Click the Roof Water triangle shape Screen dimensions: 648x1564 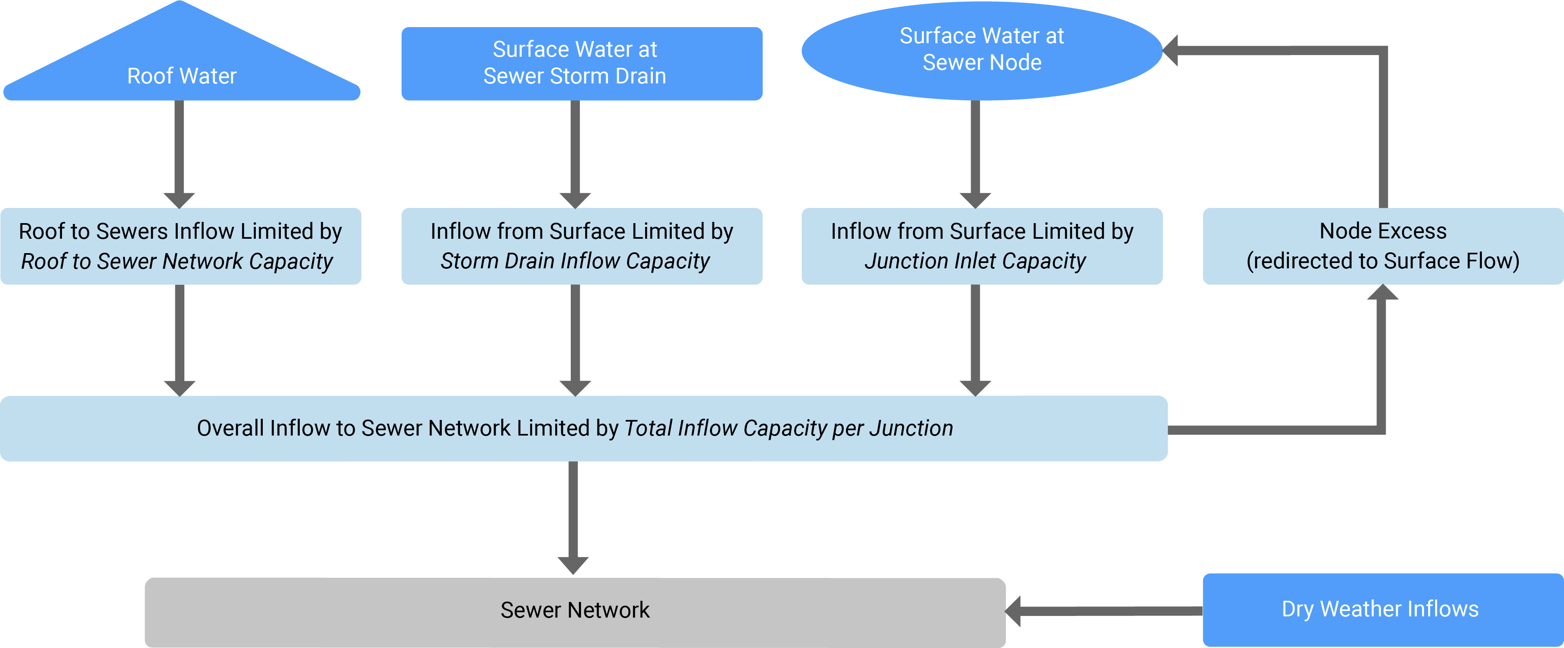tap(181, 67)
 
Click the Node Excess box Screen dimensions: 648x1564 tap(1383, 246)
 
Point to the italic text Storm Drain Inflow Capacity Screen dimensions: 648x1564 tap(574, 261)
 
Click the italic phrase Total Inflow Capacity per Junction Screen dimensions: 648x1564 tap(788, 428)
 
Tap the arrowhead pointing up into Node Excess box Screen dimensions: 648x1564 tap(1383, 293)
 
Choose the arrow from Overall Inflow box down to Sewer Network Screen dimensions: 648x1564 tap(572, 516)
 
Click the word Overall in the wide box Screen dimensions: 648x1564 tap(231, 428)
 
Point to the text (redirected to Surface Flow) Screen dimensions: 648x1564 tap(1383, 261)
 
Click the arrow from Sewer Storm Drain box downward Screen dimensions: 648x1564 tap(575, 152)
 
